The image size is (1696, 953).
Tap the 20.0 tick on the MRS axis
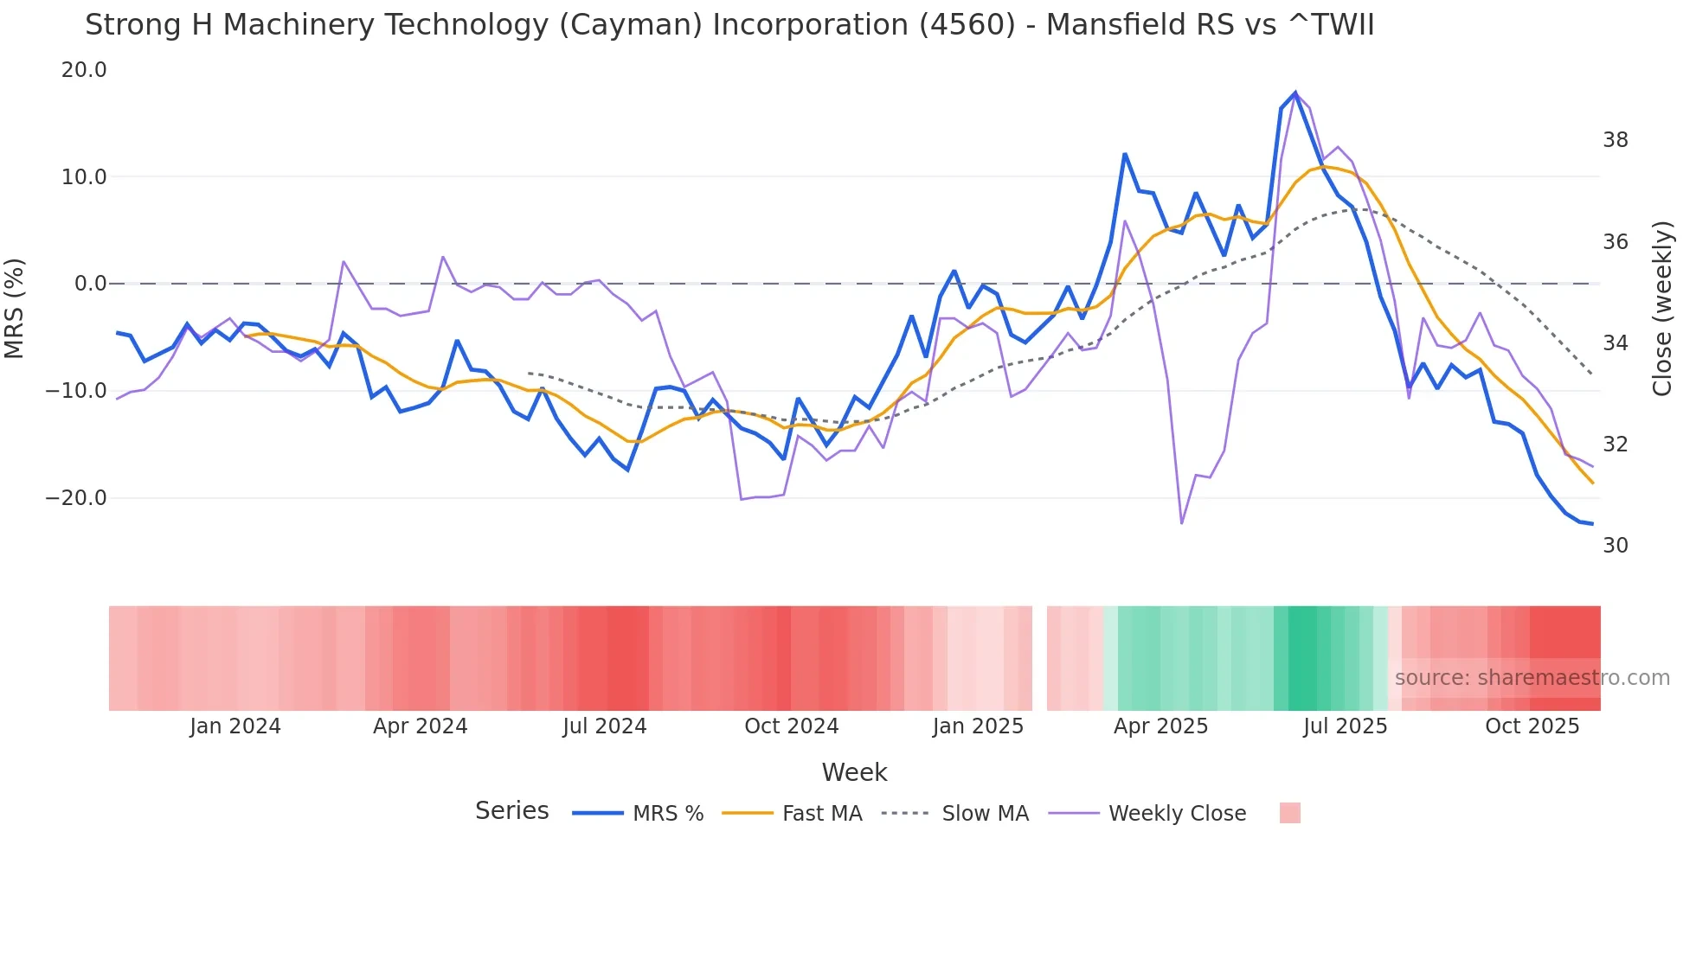click(x=84, y=70)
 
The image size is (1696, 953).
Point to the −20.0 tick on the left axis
click(x=76, y=498)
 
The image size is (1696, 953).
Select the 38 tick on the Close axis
click(x=1615, y=140)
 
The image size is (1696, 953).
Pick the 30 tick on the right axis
click(x=1615, y=546)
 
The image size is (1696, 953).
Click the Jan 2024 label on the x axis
click(x=235, y=726)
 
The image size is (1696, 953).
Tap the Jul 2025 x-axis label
click(x=1345, y=726)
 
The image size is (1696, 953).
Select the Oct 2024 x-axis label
click(x=791, y=726)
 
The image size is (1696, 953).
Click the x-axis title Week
click(x=854, y=772)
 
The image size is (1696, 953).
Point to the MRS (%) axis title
click(x=15, y=308)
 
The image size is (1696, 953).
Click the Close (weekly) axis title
click(x=1662, y=309)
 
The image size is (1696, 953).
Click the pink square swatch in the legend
click(x=1289, y=813)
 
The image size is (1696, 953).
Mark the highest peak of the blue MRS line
click(x=1295, y=93)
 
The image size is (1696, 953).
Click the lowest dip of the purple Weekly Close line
click(x=1181, y=523)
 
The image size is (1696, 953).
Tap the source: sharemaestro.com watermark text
click(x=1532, y=678)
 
